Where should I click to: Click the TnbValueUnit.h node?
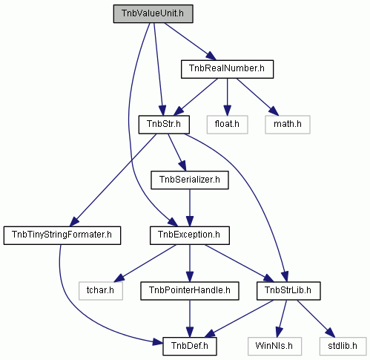pyautogui.click(x=153, y=13)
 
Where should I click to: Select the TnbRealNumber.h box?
pyautogui.click(x=227, y=69)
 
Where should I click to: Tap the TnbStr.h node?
pyautogui.click(x=164, y=125)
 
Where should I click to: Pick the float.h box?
pyautogui.click(x=227, y=125)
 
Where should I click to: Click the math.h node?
pyautogui.click(x=288, y=125)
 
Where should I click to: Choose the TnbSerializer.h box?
pyautogui.click(x=190, y=180)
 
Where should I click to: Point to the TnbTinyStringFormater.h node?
pyautogui.click(x=62, y=235)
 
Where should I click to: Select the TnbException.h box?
pyautogui.click(x=190, y=235)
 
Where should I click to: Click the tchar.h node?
pyautogui.click(x=101, y=291)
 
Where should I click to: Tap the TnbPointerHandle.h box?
pyautogui.click(x=190, y=291)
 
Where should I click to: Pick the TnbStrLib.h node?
pyautogui.click(x=288, y=291)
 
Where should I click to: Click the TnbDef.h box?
pyautogui.click(x=190, y=346)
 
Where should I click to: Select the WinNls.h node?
pyautogui.click(x=274, y=346)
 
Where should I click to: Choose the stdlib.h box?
pyautogui.click(x=343, y=346)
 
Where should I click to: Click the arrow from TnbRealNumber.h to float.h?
pyautogui.click(x=228, y=96)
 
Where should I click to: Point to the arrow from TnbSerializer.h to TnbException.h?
pyautogui.click(x=190, y=208)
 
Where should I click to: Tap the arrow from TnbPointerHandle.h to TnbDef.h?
pyautogui.click(x=190, y=318)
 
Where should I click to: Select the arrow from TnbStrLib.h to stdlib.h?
pyautogui.click(x=316, y=318)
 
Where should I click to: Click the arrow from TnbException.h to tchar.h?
pyautogui.click(x=145, y=264)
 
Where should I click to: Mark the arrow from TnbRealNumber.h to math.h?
pyautogui.click(x=257, y=96)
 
